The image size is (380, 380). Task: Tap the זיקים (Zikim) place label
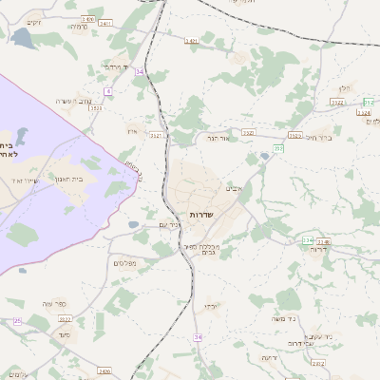tap(34, 22)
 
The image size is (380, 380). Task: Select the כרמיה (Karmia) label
tap(79, 28)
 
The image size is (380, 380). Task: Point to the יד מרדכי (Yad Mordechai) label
tap(116, 66)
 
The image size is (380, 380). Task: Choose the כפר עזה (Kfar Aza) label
tap(54, 304)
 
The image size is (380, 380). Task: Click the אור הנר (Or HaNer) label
tap(220, 139)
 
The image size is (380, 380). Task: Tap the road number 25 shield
tap(17, 321)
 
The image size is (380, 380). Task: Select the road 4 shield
tap(108, 91)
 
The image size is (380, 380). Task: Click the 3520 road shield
tap(96, 108)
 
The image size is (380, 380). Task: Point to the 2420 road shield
tap(104, 370)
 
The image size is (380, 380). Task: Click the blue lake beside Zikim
tap(21, 38)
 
